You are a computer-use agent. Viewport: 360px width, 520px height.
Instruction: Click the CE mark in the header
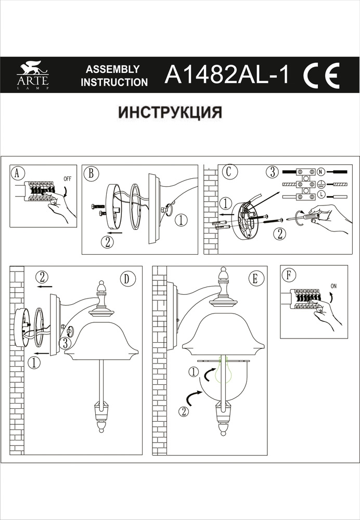coord(320,75)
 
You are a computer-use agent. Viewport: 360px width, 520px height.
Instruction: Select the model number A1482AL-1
coord(227,75)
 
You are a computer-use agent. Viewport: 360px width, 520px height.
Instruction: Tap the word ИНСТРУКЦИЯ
coord(171,112)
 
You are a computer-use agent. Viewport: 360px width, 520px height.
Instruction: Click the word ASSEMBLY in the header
coord(112,69)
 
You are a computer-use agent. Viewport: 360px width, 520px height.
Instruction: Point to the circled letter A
coord(18,174)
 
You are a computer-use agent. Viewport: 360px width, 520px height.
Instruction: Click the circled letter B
coord(91,174)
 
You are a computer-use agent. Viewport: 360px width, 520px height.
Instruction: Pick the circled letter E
coord(254,279)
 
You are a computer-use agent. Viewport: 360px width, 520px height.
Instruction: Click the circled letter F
coord(287,274)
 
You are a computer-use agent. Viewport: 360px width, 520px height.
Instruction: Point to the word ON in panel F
coord(333,285)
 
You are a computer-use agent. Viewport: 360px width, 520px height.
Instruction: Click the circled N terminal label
coord(321,171)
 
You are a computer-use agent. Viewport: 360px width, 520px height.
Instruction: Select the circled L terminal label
coord(321,195)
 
